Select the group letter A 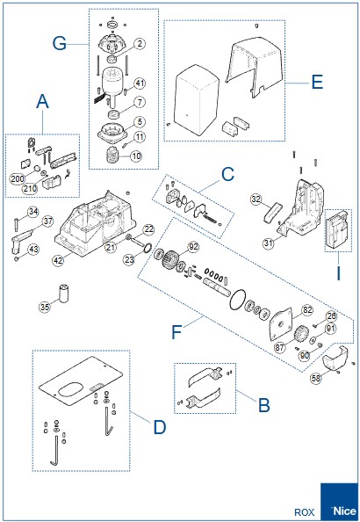[42, 103]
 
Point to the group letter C [227, 173]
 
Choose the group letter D [159, 427]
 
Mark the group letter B [263, 407]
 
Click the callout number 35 [45, 306]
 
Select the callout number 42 [58, 260]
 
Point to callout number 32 [256, 199]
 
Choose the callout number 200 [17, 178]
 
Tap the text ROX [304, 511]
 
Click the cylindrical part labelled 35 [64, 290]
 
